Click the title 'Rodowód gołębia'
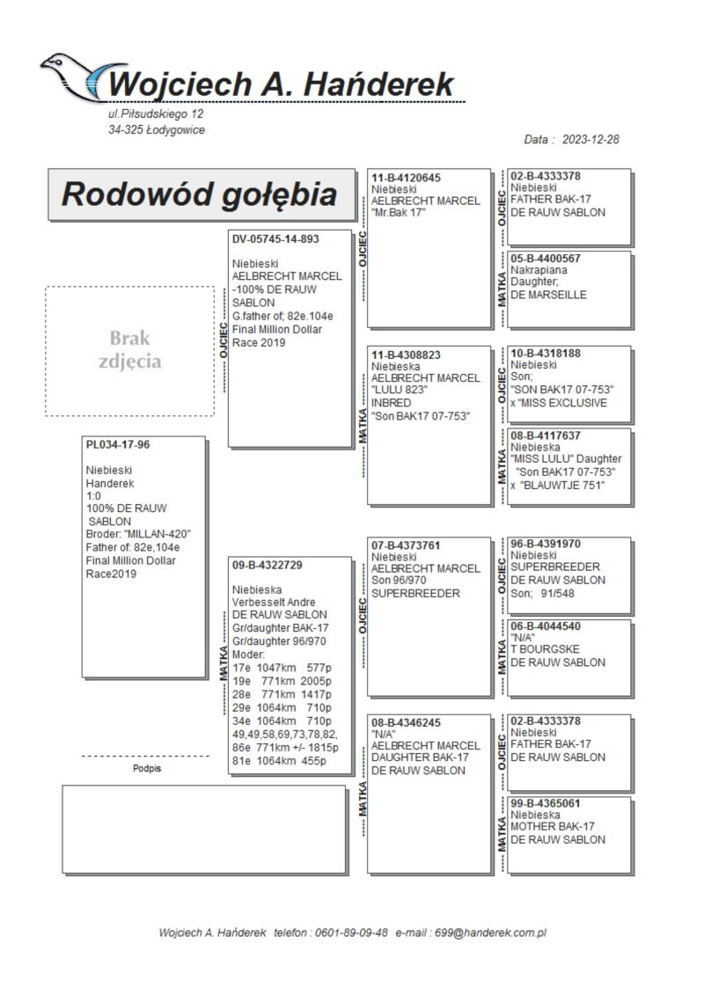click(199, 194)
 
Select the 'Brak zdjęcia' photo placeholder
click(130, 350)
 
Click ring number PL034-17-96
click(118, 445)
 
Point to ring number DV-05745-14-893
click(275, 238)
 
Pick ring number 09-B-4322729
click(268, 565)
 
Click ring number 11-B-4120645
click(406, 178)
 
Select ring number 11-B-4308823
click(406, 355)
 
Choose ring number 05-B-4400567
click(546, 259)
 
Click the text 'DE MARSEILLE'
click(548, 295)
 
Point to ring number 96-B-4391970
click(546, 545)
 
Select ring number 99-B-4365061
click(546, 804)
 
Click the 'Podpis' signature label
click(146, 768)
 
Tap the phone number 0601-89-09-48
click(352, 932)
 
